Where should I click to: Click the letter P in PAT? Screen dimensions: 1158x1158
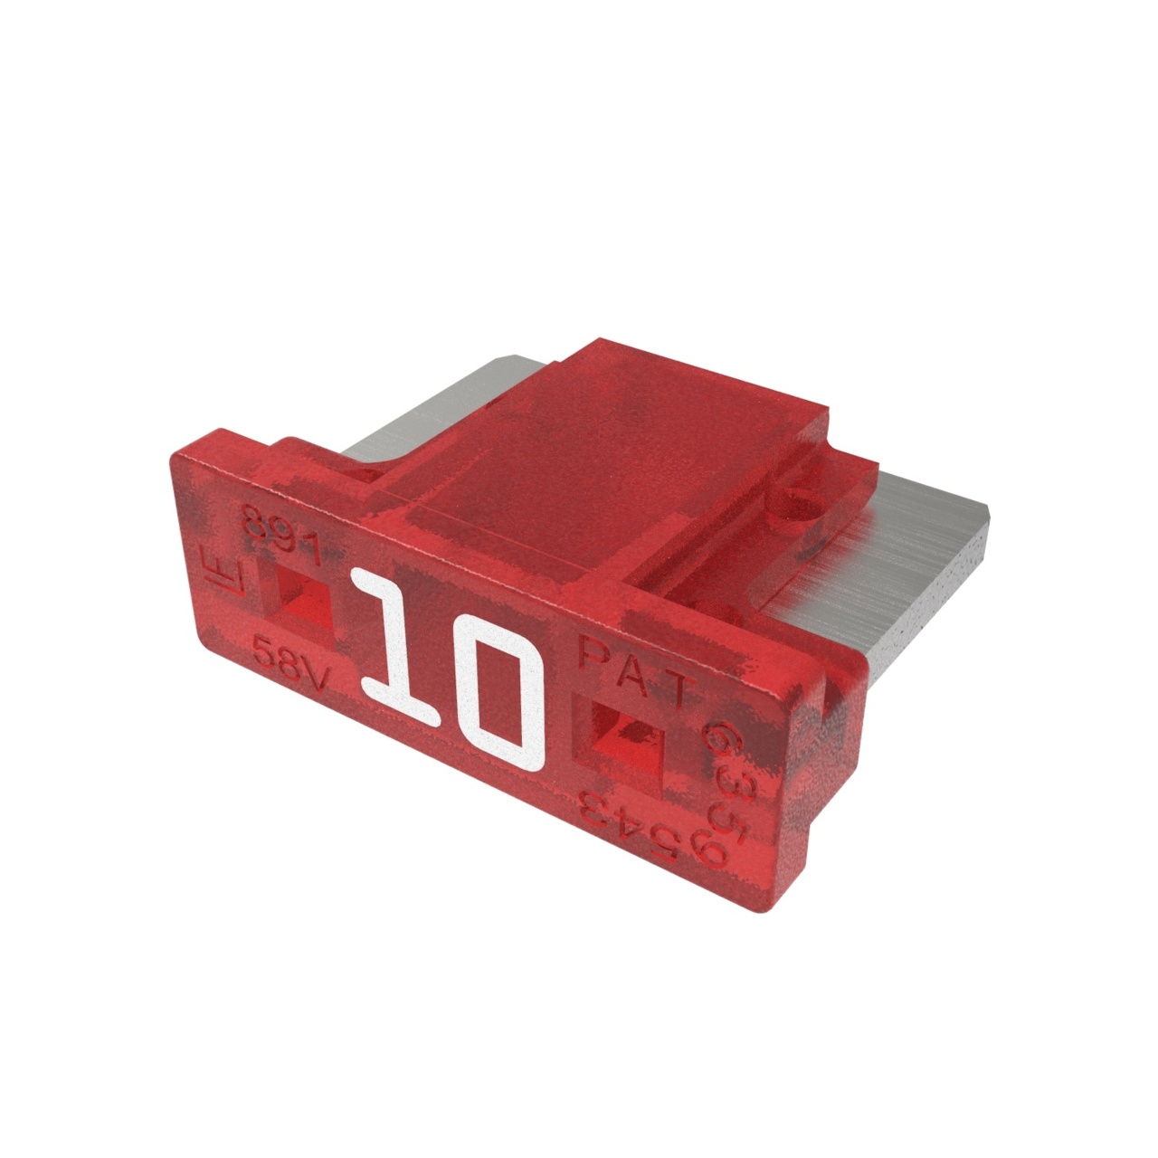pyautogui.click(x=593, y=651)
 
